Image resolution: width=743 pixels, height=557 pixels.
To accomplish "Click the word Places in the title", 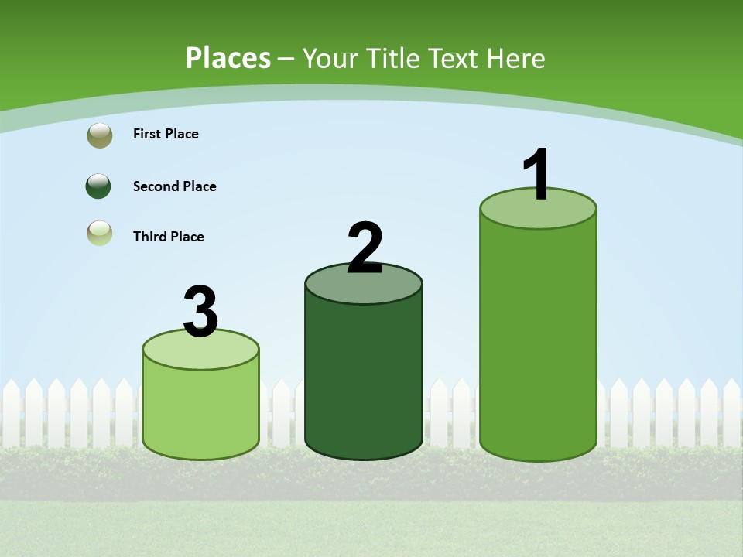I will tap(228, 58).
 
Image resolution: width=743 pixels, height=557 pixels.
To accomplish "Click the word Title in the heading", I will tap(392, 58).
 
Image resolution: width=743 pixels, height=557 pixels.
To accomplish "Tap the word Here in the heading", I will tap(518, 58).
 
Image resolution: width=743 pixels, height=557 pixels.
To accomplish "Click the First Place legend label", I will tap(166, 134).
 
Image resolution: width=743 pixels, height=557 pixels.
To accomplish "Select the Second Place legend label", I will tap(174, 186).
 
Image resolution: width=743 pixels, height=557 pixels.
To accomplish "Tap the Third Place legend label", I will tap(168, 237).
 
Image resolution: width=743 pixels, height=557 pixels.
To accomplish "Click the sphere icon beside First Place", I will tap(100, 135).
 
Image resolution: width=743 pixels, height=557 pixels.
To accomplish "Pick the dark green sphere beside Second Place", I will tap(99, 186).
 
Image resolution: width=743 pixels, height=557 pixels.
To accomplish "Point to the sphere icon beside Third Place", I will tap(100, 233).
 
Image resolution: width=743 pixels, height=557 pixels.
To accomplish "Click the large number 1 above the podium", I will tap(537, 175).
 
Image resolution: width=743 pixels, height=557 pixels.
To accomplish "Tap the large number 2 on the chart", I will tap(365, 248).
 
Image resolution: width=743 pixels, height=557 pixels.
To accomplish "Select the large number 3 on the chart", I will tap(201, 312).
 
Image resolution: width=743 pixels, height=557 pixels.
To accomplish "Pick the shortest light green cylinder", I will tap(200, 410).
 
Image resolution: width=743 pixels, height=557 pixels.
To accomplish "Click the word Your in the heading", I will tap(330, 58).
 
